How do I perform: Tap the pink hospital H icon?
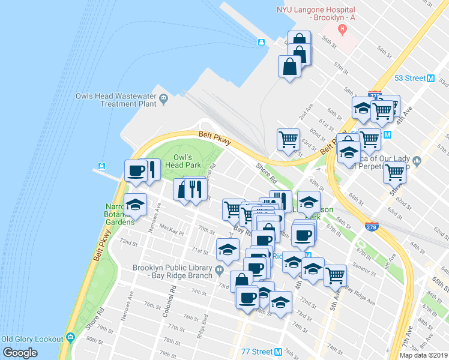342,28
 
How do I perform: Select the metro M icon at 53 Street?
430,79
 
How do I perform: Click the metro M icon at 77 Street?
277,352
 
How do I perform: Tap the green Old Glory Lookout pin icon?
70,339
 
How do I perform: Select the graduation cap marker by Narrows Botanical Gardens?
135,205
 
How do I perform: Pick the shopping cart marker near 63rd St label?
289,139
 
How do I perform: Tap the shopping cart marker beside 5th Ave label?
336,275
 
